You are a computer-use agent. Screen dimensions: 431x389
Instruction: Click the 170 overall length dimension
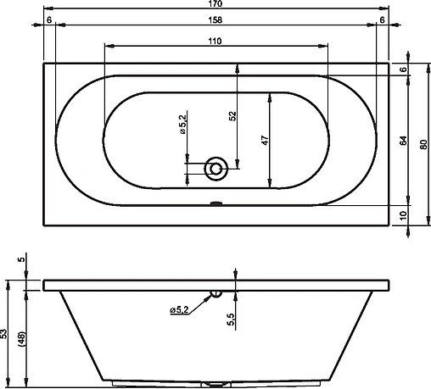point(215,3)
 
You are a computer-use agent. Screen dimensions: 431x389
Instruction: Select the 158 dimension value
point(215,20)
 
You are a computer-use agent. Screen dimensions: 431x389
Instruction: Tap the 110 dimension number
point(215,42)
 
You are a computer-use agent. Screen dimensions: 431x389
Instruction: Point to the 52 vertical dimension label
point(232,116)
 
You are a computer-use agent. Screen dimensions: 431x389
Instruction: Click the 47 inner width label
point(265,141)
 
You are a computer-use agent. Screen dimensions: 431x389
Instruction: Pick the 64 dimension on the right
point(404,141)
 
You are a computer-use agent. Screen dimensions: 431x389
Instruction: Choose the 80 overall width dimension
point(423,144)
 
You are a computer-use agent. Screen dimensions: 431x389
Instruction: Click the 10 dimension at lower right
point(404,215)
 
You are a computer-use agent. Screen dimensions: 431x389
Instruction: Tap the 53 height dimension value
point(3,334)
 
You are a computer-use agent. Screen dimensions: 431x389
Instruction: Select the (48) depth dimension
point(22,339)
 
